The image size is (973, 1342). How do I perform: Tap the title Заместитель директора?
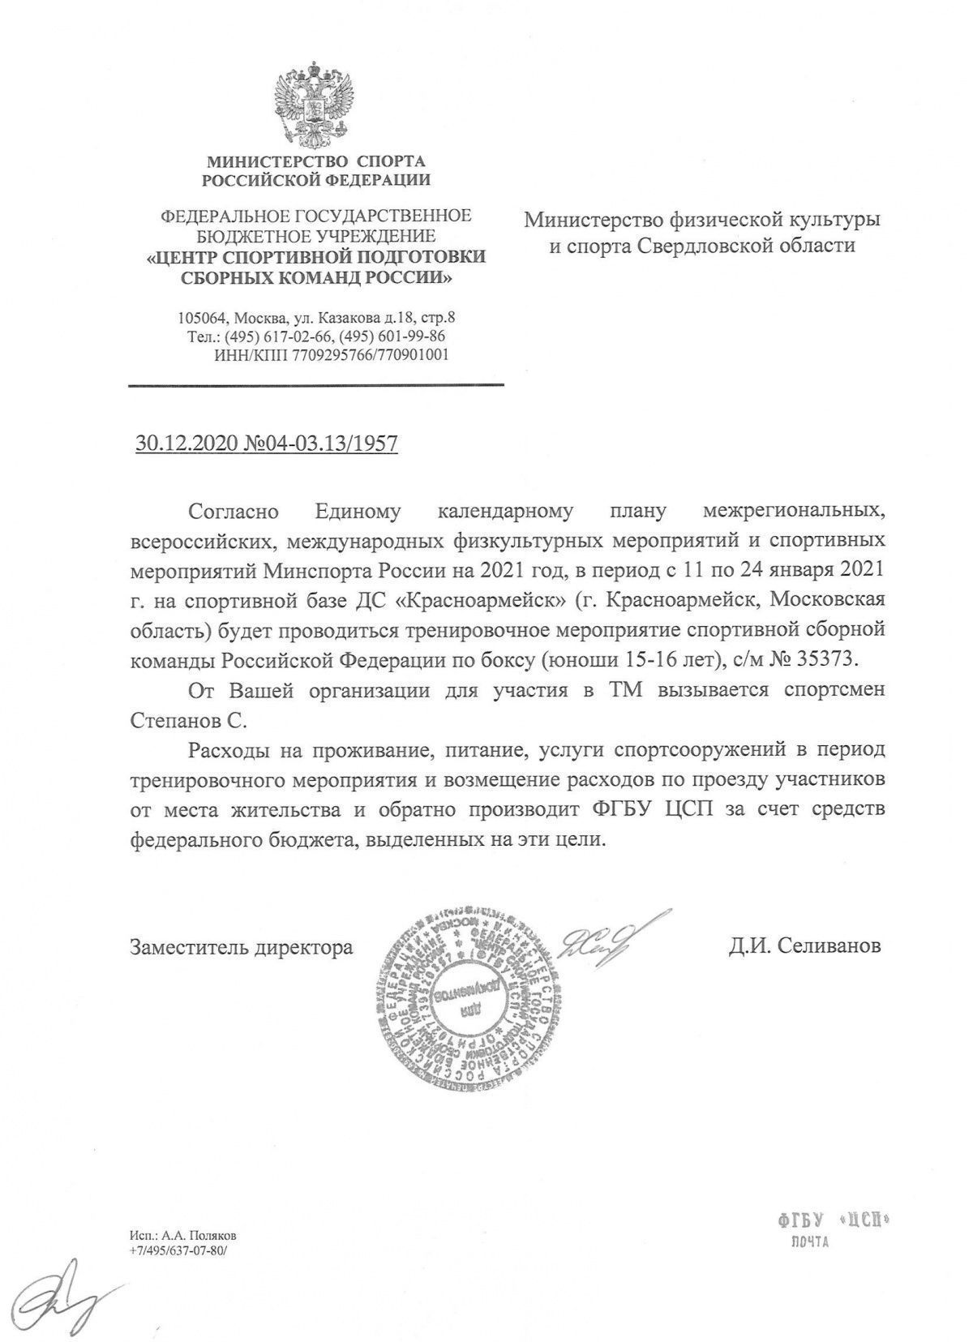pyautogui.click(x=242, y=946)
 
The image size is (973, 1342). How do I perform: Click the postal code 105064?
pyautogui.click(x=204, y=318)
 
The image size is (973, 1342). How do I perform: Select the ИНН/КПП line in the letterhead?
pyautogui.click(x=331, y=354)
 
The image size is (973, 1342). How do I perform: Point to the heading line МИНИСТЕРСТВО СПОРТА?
pyautogui.click(x=316, y=161)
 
